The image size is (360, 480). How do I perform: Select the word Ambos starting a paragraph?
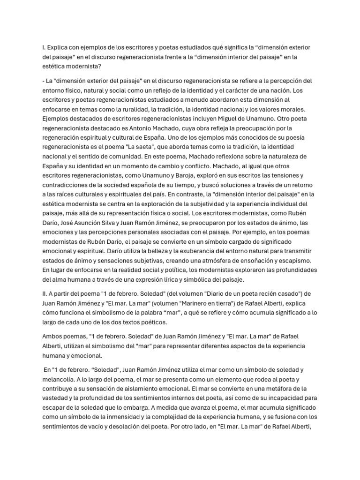[53, 336]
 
